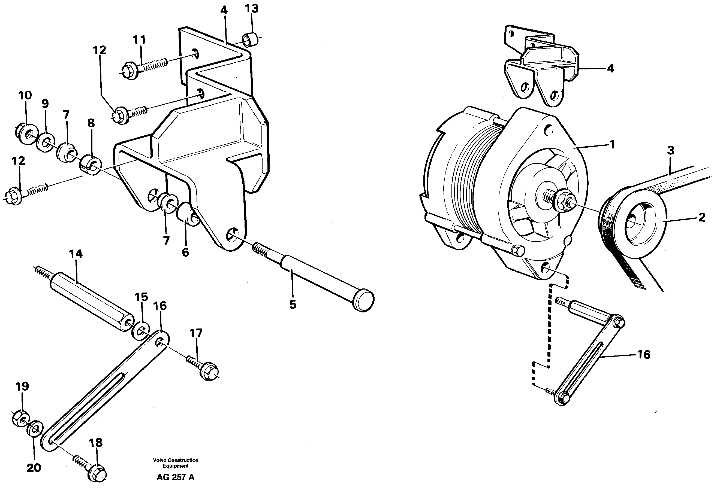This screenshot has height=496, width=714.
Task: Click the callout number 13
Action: [252, 9]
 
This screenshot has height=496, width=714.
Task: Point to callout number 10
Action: [25, 95]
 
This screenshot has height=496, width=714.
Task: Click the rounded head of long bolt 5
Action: [364, 300]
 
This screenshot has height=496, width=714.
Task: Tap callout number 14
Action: [76, 254]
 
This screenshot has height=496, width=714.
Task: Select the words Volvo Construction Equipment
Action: [175, 463]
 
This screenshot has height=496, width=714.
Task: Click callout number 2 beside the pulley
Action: [701, 218]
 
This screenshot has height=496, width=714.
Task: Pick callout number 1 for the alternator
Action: [612, 145]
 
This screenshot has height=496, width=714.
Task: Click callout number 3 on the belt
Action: [671, 150]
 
